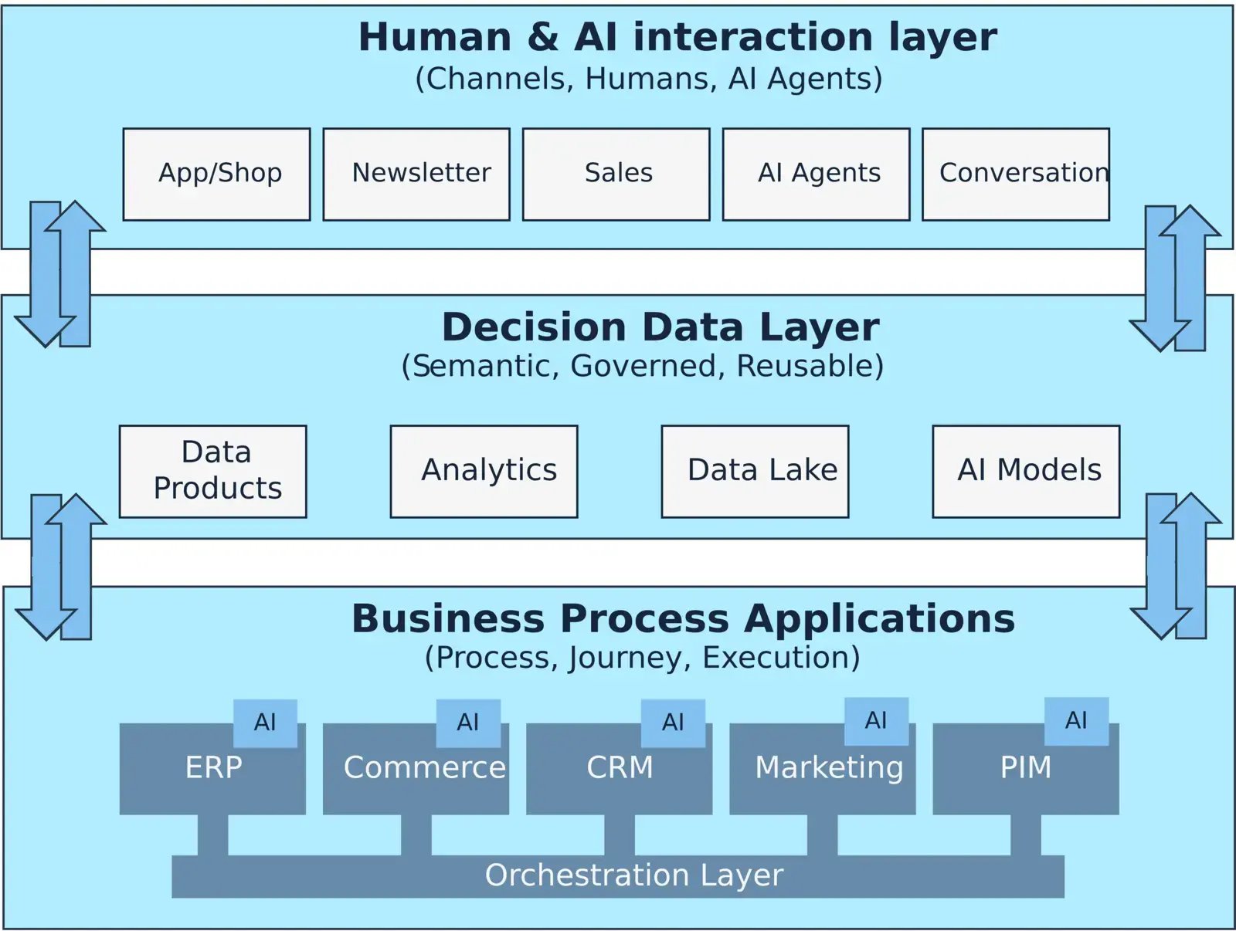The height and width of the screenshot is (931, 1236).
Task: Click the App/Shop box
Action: [x=216, y=174]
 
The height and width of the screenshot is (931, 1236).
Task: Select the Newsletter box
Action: [x=416, y=174]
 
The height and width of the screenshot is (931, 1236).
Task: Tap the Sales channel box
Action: [x=616, y=174]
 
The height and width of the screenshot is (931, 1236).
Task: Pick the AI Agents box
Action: [x=817, y=174]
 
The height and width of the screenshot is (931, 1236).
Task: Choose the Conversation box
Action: [x=1016, y=174]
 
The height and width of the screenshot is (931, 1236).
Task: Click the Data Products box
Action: [x=213, y=471]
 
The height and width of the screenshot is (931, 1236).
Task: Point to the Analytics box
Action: [x=484, y=471]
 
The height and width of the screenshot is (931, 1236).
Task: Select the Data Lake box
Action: [x=756, y=471]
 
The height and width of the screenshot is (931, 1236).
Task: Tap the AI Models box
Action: [x=1027, y=471]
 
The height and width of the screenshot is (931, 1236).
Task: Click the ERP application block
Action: [x=212, y=769]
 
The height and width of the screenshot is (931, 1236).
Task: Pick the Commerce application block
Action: [x=416, y=769]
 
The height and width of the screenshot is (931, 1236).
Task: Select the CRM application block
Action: [x=620, y=769]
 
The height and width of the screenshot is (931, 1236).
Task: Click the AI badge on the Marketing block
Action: [x=876, y=721]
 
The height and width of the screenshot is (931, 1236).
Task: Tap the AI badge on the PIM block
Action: [x=1076, y=721]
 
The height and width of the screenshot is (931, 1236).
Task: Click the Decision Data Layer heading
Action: [x=660, y=327]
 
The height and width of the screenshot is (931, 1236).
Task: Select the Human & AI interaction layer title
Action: [x=677, y=37]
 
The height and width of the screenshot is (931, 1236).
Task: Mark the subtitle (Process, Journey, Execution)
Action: [x=643, y=658]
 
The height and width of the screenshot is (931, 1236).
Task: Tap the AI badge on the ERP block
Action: [x=265, y=723]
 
